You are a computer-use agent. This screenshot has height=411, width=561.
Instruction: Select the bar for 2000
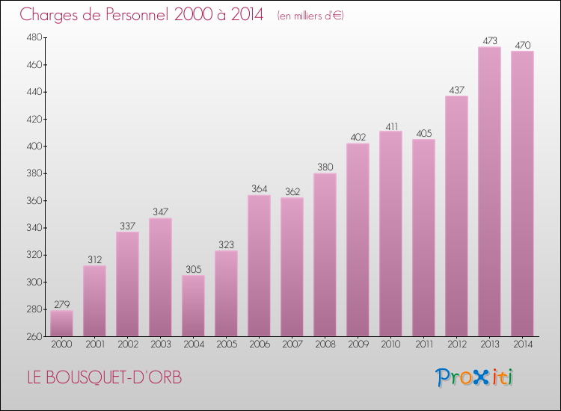61,323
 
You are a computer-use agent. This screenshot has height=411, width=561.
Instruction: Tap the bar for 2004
193,305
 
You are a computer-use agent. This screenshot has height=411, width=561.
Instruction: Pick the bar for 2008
325,254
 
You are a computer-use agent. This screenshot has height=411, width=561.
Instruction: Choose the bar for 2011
423,238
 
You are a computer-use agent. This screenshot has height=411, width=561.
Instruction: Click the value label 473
489,40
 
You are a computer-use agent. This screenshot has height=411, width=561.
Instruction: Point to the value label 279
61,304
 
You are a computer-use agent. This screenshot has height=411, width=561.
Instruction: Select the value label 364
259,188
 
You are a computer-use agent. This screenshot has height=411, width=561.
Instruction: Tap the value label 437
456,90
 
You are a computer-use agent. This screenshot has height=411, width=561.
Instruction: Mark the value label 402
358,137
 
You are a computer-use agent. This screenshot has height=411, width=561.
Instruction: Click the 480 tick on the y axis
34,37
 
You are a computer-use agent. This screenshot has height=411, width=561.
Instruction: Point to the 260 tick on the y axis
34,336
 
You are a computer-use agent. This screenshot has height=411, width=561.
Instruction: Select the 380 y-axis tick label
34,173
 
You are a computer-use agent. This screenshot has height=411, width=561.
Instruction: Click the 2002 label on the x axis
127,345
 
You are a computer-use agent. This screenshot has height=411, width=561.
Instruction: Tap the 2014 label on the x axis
522,345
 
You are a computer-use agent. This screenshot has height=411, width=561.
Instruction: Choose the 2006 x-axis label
259,345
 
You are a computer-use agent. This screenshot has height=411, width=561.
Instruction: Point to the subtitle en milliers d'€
310,16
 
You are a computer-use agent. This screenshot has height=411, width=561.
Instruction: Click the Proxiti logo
475,377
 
